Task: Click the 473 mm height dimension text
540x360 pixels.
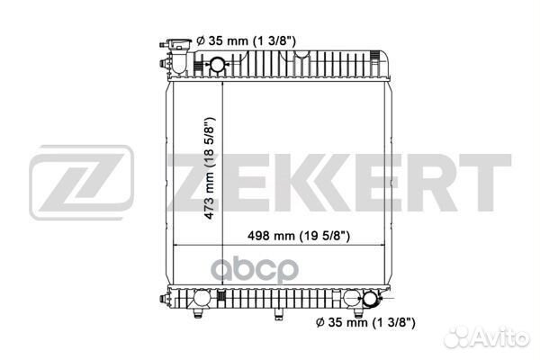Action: coord(210,169)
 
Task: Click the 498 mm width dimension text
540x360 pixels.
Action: coord(299,236)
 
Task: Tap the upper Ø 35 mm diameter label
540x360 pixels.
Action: coord(246,41)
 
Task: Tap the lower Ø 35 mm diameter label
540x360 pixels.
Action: coord(365,322)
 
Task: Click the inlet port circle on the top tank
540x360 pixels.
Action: coord(217,65)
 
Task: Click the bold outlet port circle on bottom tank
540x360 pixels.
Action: coord(371,298)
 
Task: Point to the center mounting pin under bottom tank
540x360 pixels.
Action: coord(279,314)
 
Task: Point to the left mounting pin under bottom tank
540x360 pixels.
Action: coord(198,313)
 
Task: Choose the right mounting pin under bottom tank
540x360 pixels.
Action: coord(358,313)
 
